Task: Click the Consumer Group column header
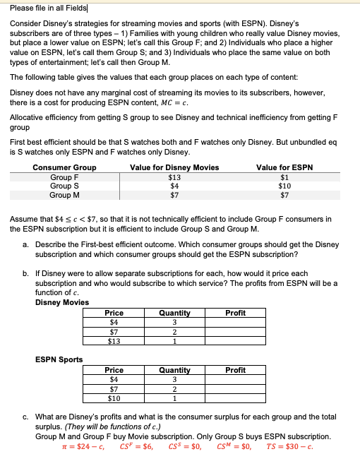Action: pos(64,167)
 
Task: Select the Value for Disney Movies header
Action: pos(174,167)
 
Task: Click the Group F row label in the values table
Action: pos(64,177)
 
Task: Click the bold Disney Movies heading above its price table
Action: pos(62,302)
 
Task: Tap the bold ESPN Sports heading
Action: pos(59,359)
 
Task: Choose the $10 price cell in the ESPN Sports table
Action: pos(114,398)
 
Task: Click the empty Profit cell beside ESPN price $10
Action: pos(235,398)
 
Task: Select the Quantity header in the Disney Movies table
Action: pos(174,313)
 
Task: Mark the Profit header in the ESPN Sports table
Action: pos(235,370)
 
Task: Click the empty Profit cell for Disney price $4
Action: pos(235,322)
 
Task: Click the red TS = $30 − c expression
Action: pos(289,446)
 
